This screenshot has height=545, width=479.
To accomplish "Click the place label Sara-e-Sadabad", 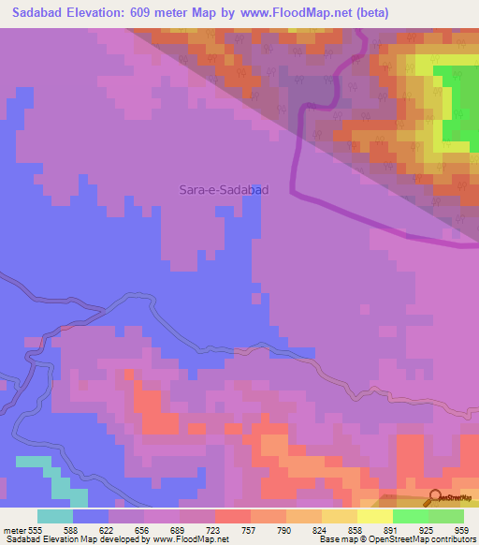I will (224, 189).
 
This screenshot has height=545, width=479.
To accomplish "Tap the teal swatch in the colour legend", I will (55, 517).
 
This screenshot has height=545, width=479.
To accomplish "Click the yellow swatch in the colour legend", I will (374, 517).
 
